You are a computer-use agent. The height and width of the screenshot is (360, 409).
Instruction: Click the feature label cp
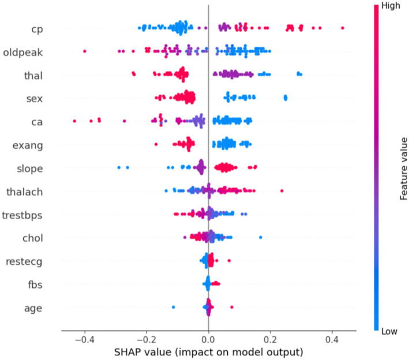click(37, 29)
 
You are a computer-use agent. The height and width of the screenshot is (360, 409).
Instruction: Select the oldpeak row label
click(23, 52)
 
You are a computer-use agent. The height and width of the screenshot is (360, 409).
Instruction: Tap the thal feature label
click(33, 76)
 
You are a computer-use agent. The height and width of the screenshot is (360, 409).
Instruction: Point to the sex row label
click(35, 99)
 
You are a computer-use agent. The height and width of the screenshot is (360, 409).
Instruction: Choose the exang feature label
click(28, 145)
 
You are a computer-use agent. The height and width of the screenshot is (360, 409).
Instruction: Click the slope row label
click(30, 168)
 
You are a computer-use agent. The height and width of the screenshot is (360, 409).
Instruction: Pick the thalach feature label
click(25, 192)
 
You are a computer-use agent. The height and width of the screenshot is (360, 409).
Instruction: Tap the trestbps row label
click(22, 215)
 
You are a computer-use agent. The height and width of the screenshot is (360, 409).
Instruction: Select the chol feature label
click(33, 238)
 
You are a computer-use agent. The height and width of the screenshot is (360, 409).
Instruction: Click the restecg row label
click(24, 261)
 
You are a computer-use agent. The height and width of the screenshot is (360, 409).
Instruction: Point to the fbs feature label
click(35, 284)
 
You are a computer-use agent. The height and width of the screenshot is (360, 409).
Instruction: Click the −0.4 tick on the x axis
click(84, 340)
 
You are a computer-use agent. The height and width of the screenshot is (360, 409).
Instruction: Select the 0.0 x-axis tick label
click(208, 340)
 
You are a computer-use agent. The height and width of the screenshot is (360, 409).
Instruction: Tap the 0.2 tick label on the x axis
click(270, 340)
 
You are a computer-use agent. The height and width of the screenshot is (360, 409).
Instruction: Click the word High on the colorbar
click(391, 6)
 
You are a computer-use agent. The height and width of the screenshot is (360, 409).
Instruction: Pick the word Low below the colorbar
click(389, 331)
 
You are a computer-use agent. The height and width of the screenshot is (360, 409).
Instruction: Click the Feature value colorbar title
click(403, 169)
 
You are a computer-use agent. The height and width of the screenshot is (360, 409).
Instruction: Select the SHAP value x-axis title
click(209, 352)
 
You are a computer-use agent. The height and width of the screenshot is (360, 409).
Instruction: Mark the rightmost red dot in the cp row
click(343, 28)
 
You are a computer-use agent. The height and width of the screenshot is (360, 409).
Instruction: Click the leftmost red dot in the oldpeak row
click(85, 51)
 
